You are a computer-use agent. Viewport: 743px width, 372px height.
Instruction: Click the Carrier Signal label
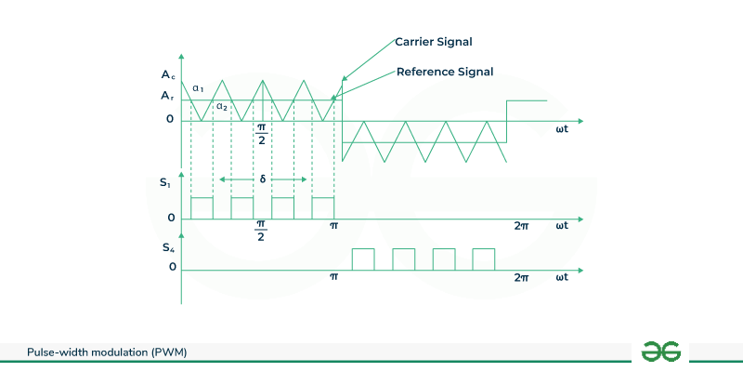[434, 42]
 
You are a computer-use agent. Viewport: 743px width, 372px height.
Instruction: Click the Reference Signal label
[444, 72]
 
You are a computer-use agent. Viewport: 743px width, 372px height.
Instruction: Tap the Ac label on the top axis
[166, 74]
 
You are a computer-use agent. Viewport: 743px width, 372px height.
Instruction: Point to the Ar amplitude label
[166, 95]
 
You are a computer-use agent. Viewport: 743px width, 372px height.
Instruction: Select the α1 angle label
[199, 88]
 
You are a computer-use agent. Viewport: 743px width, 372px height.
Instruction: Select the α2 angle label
[222, 106]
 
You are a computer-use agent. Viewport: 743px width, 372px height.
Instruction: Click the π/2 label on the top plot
[262, 132]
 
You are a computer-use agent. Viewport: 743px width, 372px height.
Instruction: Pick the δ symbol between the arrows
[263, 179]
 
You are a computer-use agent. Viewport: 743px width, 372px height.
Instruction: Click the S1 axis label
[165, 184]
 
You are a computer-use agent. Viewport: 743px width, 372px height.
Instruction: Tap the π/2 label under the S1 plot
[262, 231]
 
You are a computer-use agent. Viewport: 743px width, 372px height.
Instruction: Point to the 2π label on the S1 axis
[521, 226]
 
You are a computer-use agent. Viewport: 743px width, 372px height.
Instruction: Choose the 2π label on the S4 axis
[521, 277]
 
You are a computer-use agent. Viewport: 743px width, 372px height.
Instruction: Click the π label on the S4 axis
[334, 277]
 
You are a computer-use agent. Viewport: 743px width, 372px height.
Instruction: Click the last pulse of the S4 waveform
[484, 259]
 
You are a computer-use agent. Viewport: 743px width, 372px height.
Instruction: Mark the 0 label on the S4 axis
[172, 268]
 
